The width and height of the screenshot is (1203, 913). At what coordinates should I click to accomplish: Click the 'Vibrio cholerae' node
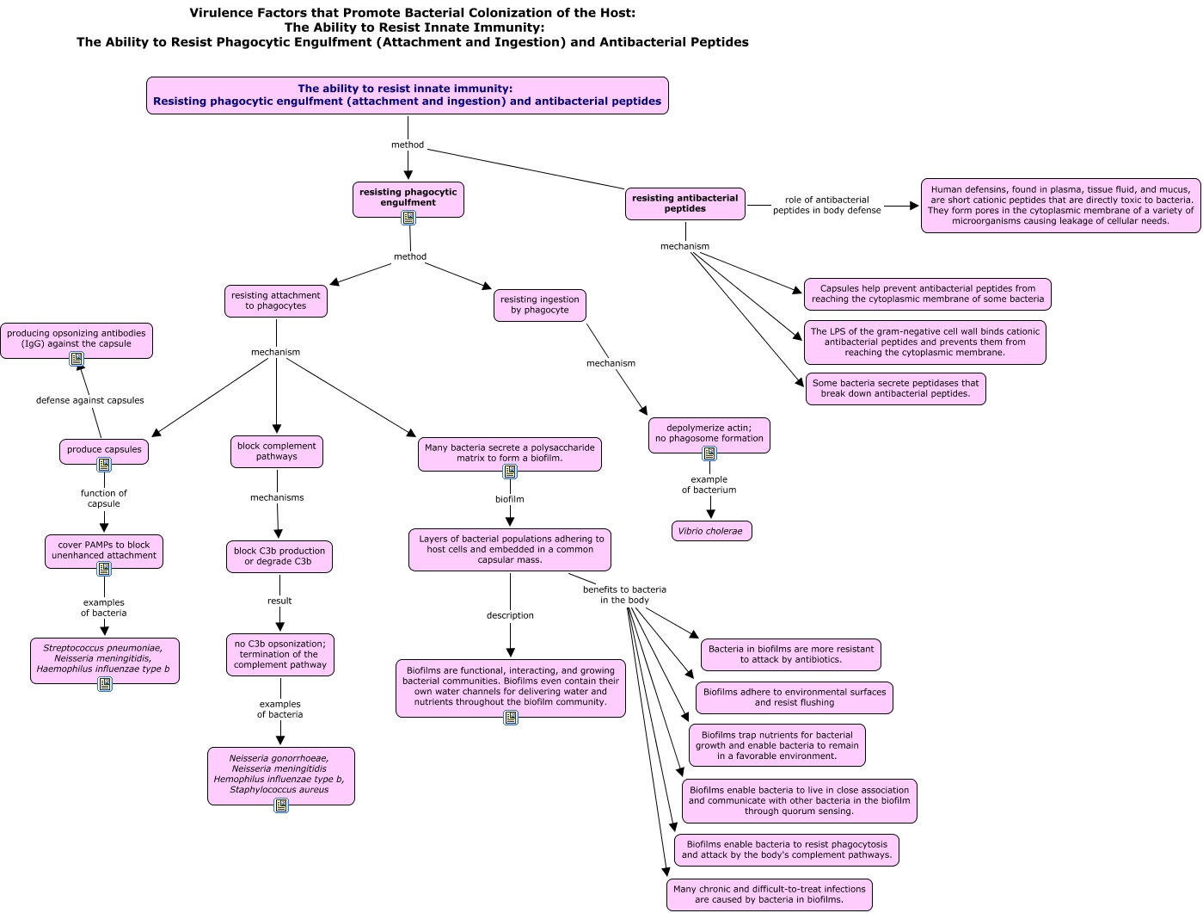(711, 531)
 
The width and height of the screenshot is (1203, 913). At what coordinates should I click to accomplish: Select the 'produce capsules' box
(104, 451)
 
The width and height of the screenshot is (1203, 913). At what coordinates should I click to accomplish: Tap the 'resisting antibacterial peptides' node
(685, 203)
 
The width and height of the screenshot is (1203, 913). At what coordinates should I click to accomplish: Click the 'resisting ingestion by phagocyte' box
(540, 305)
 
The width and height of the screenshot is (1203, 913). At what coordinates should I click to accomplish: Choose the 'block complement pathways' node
(277, 451)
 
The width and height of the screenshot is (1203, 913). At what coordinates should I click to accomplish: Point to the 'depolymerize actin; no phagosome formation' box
(709, 434)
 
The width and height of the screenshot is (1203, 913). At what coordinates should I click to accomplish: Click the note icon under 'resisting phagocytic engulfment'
(408, 218)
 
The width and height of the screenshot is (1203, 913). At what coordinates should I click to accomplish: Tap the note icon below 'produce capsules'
(104, 465)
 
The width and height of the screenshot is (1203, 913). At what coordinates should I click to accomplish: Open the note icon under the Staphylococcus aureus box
(281, 805)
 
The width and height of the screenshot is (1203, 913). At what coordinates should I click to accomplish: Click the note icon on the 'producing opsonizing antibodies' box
(77, 359)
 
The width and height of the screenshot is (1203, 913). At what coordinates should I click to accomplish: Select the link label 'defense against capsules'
(90, 400)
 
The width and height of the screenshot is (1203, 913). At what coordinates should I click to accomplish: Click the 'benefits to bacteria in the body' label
(625, 595)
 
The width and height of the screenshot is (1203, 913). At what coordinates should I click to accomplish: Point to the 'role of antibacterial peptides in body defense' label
(827, 205)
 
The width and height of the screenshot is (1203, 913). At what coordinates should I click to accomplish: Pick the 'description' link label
(510, 615)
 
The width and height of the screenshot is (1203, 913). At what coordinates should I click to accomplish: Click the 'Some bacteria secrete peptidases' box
(895, 389)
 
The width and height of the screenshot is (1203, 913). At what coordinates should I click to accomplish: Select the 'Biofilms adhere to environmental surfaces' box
(795, 698)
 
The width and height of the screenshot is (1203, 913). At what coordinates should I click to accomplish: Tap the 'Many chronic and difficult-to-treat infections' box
(770, 894)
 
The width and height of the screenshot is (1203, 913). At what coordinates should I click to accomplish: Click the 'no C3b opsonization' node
(280, 655)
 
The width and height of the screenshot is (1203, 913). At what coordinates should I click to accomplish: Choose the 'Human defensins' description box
(1060, 206)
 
